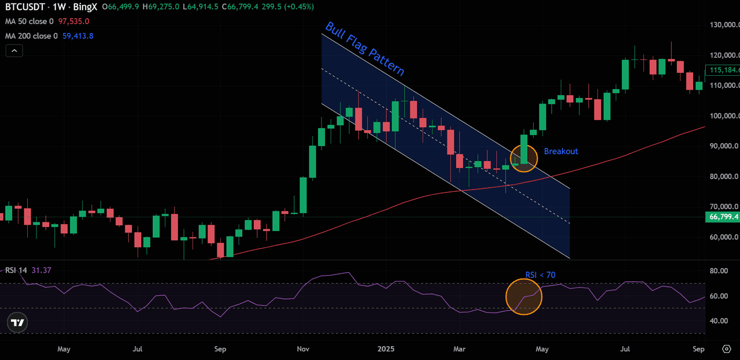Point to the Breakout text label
(561, 151)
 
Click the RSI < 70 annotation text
(540, 275)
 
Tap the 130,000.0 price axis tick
(724, 25)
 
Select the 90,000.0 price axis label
(724, 146)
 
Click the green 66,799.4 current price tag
(723, 217)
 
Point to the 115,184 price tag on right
(723, 70)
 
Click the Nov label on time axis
(302, 349)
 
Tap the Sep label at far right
(698, 349)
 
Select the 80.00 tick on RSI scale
(718, 271)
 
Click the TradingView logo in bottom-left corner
(18, 323)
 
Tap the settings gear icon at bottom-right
(727, 349)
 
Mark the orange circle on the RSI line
(523, 297)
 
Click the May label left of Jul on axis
(64, 349)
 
